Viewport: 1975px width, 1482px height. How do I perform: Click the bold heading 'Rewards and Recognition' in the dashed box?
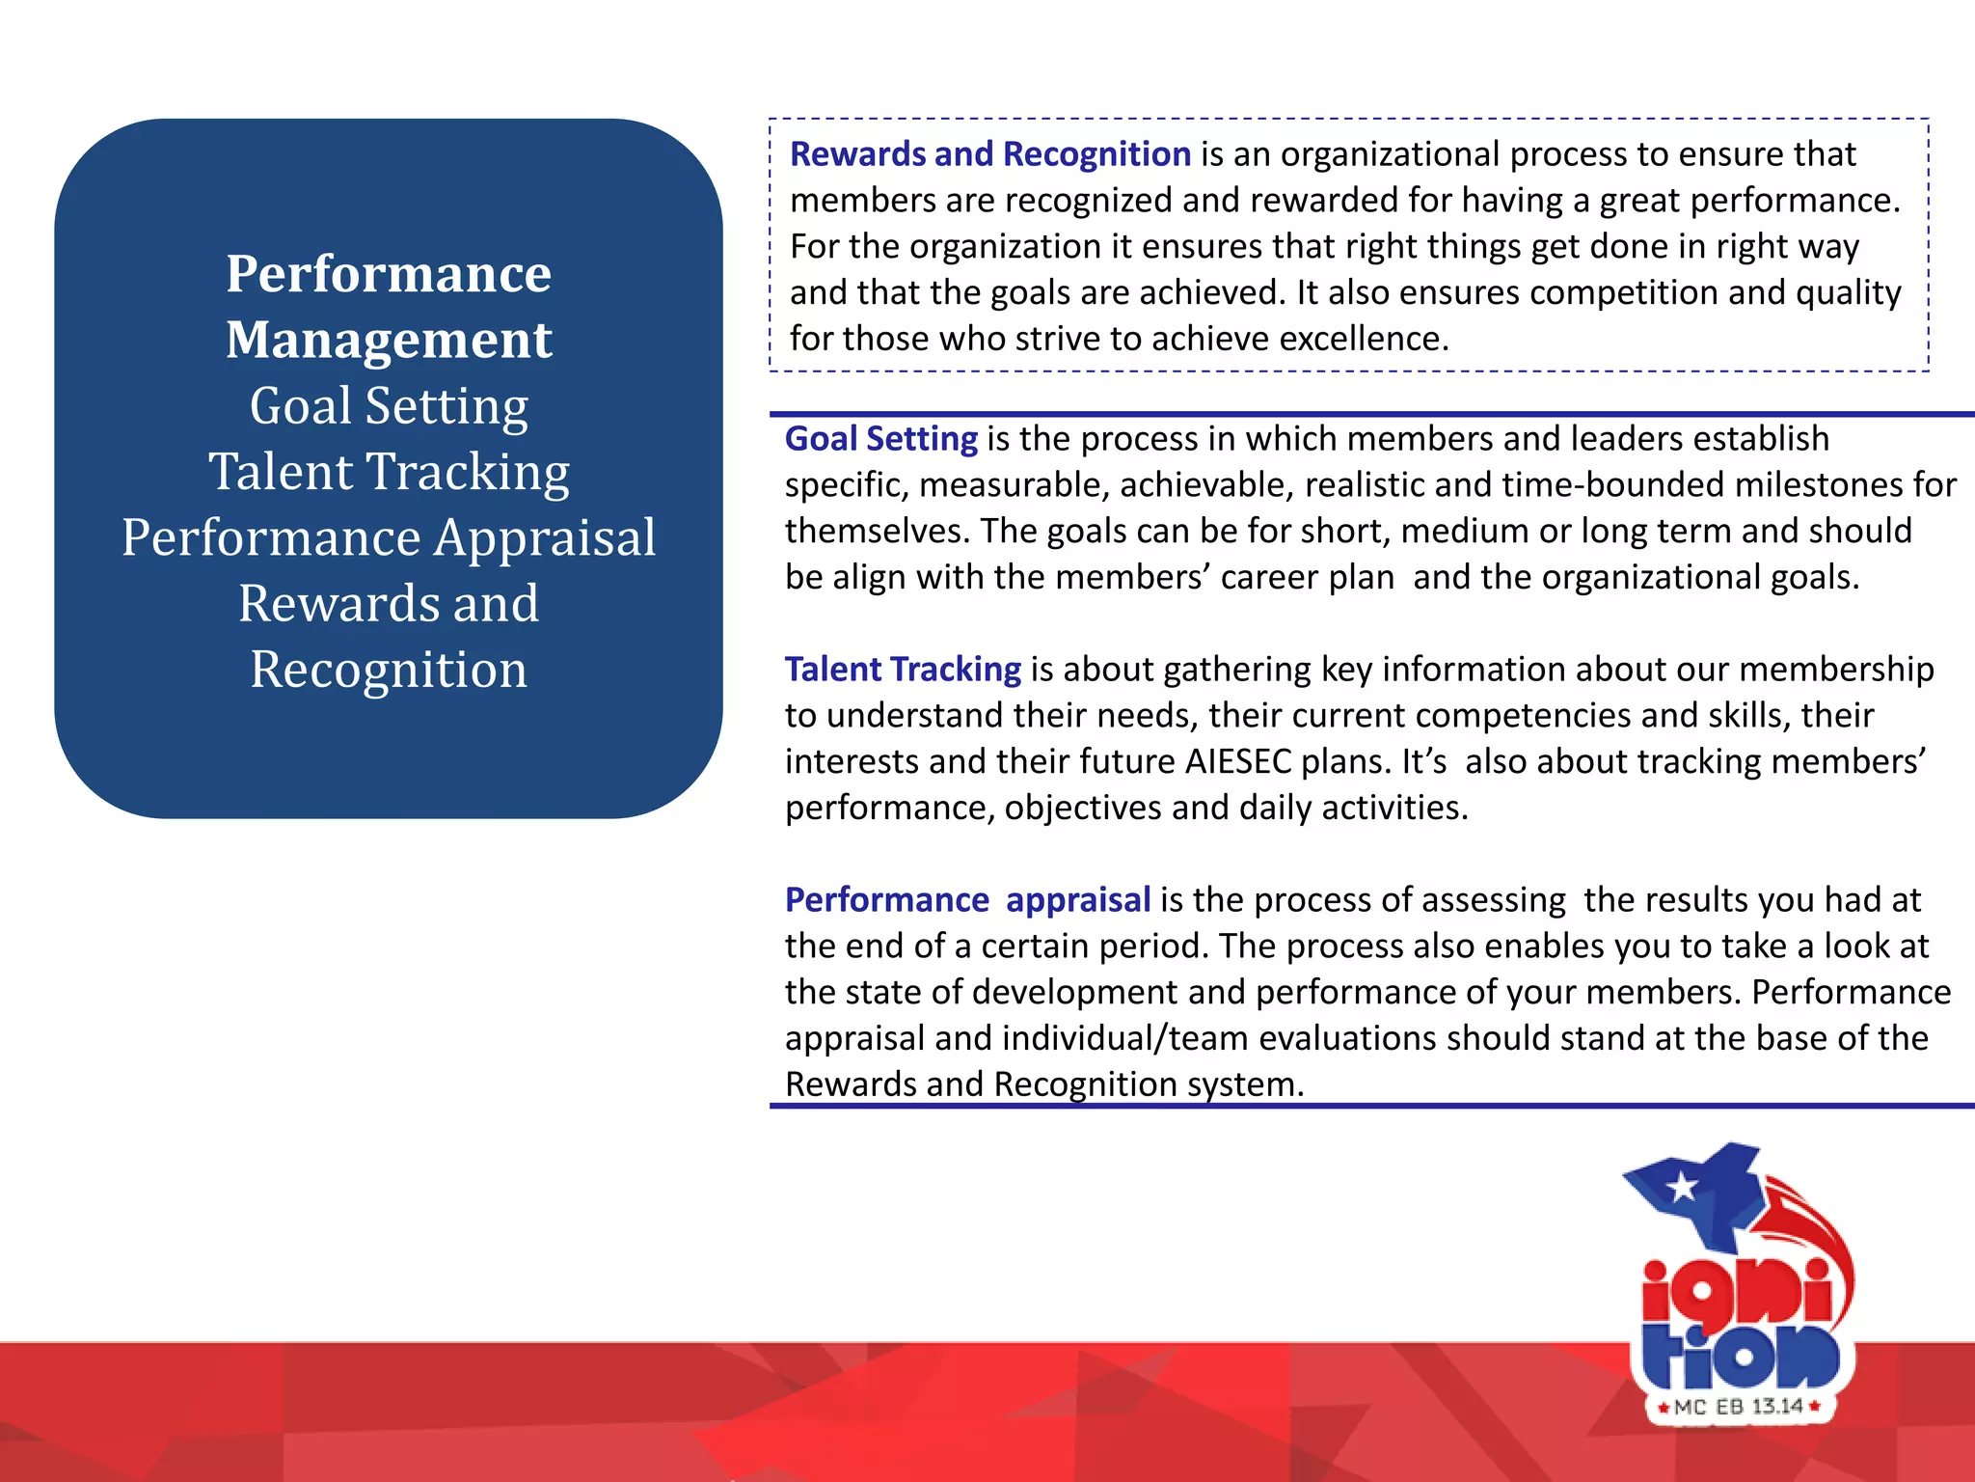pyautogui.click(x=990, y=154)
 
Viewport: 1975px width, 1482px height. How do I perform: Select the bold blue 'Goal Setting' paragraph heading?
pyautogui.click(x=881, y=439)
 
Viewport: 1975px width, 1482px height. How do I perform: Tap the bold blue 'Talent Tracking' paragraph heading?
pyautogui.click(x=903, y=670)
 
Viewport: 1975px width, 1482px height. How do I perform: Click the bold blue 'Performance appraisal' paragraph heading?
pyautogui.click(x=967, y=900)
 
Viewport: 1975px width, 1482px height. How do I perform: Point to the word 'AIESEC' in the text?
pyautogui.click(x=1238, y=762)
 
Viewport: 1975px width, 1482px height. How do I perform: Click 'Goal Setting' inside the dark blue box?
pyautogui.click(x=389, y=405)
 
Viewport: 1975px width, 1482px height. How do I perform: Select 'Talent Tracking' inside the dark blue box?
pyautogui.click(x=389, y=472)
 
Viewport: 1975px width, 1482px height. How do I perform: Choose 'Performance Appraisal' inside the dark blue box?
pyautogui.click(x=389, y=537)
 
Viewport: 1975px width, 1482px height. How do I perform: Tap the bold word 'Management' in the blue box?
pyautogui.click(x=389, y=340)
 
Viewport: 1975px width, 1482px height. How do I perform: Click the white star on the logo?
pyautogui.click(x=1682, y=1186)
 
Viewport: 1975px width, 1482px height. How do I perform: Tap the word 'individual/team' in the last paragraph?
pyautogui.click(x=1125, y=1039)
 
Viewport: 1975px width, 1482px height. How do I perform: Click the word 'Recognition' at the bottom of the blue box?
pyautogui.click(x=389, y=670)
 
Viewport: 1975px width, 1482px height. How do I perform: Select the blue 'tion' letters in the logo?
pyautogui.click(x=1742, y=1355)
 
